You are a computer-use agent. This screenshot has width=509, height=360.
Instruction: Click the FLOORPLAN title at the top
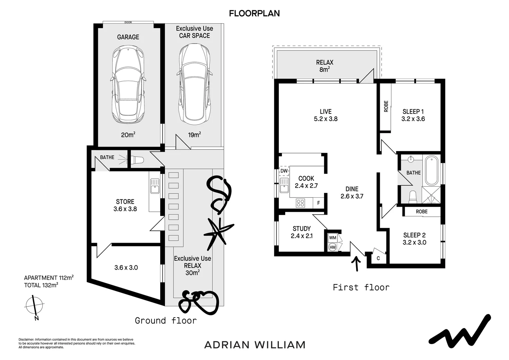pyautogui.click(x=254, y=13)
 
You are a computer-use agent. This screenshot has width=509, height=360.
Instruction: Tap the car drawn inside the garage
pyautogui.click(x=128, y=85)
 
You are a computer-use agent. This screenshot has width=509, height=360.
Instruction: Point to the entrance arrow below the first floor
pyautogui.click(x=357, y=263)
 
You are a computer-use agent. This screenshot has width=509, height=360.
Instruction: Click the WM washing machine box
pyautogui.click(x=332, y=238)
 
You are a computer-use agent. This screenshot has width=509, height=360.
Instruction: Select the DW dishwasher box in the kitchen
pyautogui.click(x=284, y=171)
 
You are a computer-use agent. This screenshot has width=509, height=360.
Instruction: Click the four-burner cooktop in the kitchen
pyautogui.click(x=300, y=203)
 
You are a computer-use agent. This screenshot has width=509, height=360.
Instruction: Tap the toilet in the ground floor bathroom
pyautogui.click(x=137, y=160)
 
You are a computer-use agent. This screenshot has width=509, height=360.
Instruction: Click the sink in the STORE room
pyautogui.click(x=155, y=186)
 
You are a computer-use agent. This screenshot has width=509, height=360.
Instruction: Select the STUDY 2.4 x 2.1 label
pyautogui.click(x=301, y=232)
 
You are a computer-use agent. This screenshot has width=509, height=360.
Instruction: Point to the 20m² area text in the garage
pyautogui.click(x=128, y=135)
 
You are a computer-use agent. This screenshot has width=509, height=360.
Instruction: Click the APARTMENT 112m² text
pyautogui.click(x=49, y=278)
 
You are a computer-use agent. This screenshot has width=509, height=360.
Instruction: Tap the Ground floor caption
pyautogui.click(x=166, y=321)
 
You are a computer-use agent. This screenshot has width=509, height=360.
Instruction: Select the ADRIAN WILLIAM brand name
pyautogui.click(x=254, y=345)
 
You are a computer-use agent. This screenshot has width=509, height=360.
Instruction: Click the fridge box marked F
pyautogui.click(x=318, y=203)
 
